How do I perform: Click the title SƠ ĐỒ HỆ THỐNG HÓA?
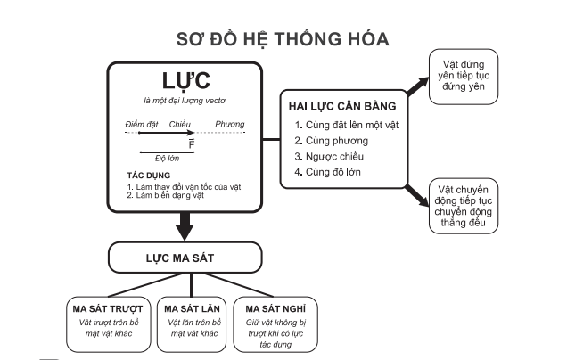pyautogui.click(x=283, y=39)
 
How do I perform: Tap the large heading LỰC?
pyautogui.click(x=185, y=80)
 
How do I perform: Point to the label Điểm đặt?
pyautogui.click(x=142, y=125)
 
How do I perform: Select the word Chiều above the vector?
pyautogui.click(x=180, y=125)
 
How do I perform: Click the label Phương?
pyautogui.click(x=230, y=125)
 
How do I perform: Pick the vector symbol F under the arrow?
pyautogui.click(x=192, y=143)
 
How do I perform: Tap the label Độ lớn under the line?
pyautogui.click(x=167, y=159)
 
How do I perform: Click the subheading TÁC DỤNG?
pyautogui.click(x=149, y=176)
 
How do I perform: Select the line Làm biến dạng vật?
pyautogui.click(x=166, y=195)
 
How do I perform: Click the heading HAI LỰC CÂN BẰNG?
pyautogui.click(x=342, y=106)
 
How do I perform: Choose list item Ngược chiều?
pyautogui.click(x=329, y=157)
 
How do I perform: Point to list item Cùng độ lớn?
pyautogui.click(x=327, y=172)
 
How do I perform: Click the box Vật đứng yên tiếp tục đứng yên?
pyautogui.click(x=464, y=77)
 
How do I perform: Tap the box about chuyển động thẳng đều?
pyautogui.click(x=464, y=206)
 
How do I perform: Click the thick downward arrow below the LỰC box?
pyautogui.click(x=185, y=226)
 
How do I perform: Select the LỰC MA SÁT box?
pyautogui.click(x=185, y=258)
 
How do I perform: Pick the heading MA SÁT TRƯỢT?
pyautogui.click(x=108, y=309)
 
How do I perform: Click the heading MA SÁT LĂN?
pyautogui.click(x=192, y=309)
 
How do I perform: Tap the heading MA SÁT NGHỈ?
pyautogui.click(x=275, y=309)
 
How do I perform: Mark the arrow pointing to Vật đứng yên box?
pyautogui.click(x=418, y=86)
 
